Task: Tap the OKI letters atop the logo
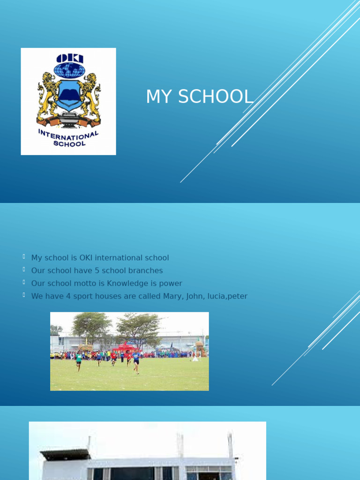click(69, 59)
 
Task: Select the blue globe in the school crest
click(69, 70)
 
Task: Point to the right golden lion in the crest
click(91, 96)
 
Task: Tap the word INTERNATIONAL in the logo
click(69, 137)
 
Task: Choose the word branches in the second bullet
click(143, 270)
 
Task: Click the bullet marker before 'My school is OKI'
click(23, 256)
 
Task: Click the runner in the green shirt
click(79, 360)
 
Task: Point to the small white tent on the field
click(195, 358)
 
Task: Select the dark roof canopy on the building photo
click(65, 454)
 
